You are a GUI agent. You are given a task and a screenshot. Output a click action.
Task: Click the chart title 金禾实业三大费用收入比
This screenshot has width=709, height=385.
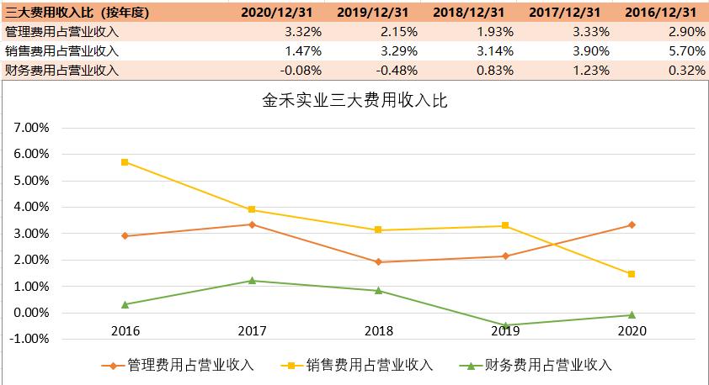click(354, 103)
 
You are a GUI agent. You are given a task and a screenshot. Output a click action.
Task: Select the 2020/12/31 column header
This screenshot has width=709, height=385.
click(275, 12)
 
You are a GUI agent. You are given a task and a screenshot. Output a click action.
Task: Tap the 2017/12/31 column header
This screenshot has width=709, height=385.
click(563, 12)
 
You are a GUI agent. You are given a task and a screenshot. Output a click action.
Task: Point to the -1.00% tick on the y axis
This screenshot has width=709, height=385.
click(31, 340)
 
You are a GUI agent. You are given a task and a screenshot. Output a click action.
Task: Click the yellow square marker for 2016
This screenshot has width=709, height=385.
click(125, 161)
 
